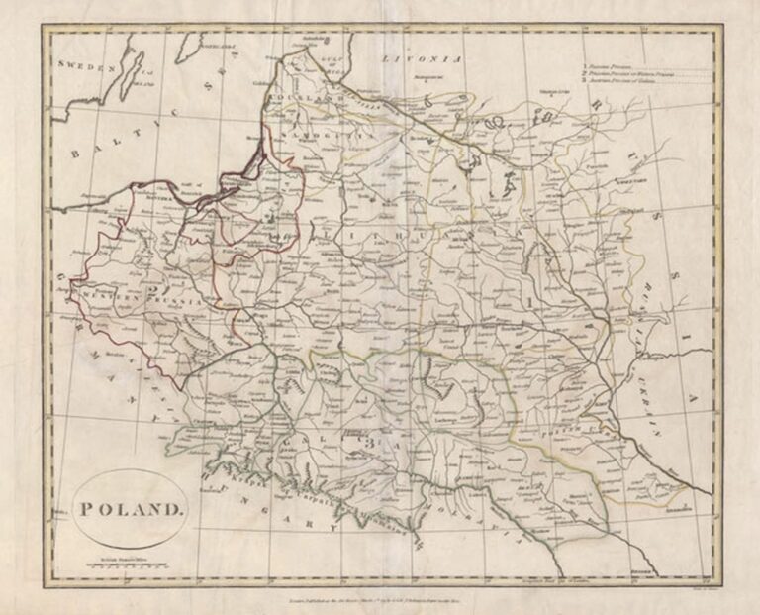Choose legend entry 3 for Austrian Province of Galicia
[x=618, y=81]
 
